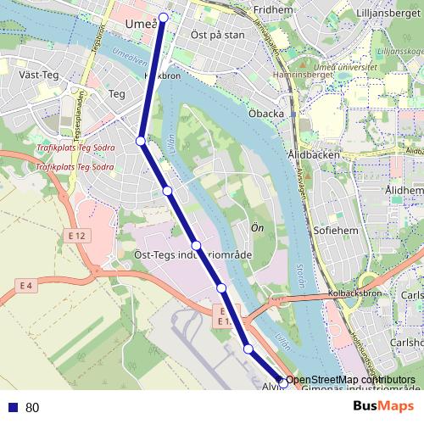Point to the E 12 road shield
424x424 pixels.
77,235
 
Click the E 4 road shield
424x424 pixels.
26,287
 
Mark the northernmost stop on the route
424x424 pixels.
164,17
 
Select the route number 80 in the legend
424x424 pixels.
32,407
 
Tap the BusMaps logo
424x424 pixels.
384,406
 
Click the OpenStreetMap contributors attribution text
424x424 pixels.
350,379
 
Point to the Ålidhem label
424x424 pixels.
404,191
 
